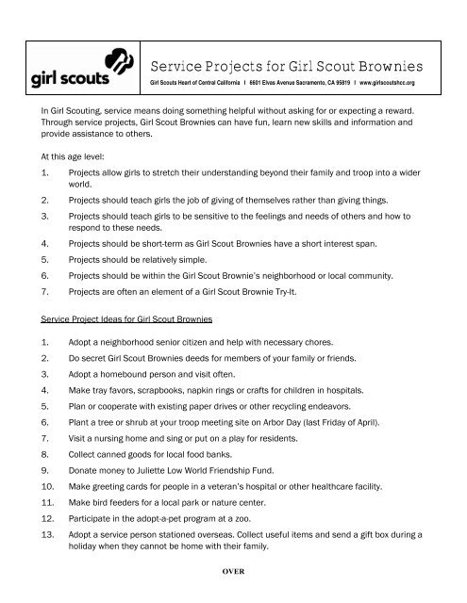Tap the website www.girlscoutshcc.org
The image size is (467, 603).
click(381, 83)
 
